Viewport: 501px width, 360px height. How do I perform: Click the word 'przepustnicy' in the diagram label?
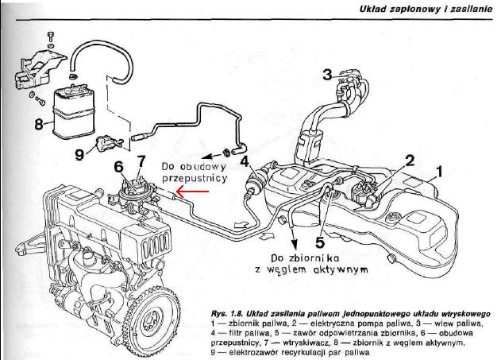(193, 180)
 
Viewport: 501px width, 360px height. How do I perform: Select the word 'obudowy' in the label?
(198, 167)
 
